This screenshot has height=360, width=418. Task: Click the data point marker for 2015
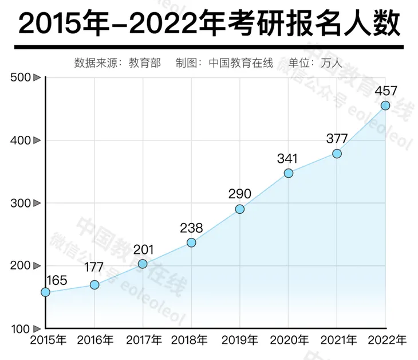click(45, 292)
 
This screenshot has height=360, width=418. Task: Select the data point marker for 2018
click(191, 242)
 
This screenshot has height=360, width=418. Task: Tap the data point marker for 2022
click(385, 105)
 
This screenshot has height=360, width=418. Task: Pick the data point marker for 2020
click(289, 173)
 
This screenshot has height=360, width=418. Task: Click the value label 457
click(385, 91)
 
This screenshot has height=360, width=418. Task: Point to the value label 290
click(239, 194)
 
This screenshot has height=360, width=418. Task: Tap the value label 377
click(337, 138)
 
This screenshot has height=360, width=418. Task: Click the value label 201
click(143, 249)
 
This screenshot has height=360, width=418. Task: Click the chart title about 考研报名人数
click(208, 24)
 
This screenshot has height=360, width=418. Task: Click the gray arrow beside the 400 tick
click(37, 140)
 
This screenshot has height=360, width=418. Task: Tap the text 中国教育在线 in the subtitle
click(241, 62)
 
